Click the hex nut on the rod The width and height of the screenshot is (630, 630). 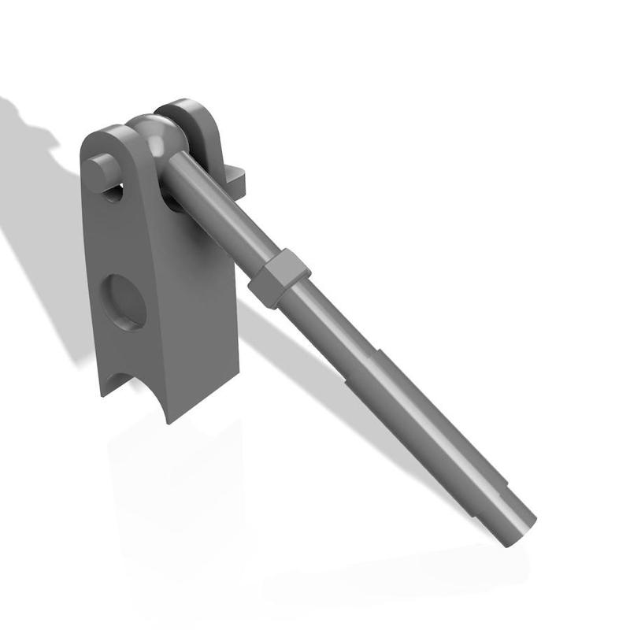click(278, 278)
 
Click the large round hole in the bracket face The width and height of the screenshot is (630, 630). click(126, 302)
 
